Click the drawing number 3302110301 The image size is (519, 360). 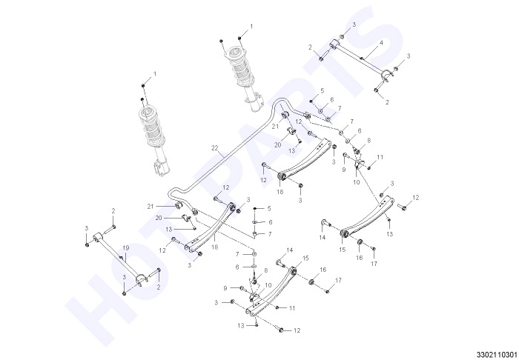pos(497,354)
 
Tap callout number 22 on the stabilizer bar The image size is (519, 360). pos(215,148)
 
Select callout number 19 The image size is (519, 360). pos(125,248)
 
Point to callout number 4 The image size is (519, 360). pos(381,43)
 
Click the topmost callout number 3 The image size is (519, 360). pos(354,24)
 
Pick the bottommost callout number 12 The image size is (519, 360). pos(297,330)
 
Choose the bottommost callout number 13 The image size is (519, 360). pos(241,326)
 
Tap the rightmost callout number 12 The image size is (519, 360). pos(416,197)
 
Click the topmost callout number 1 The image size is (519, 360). pos(251,26)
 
